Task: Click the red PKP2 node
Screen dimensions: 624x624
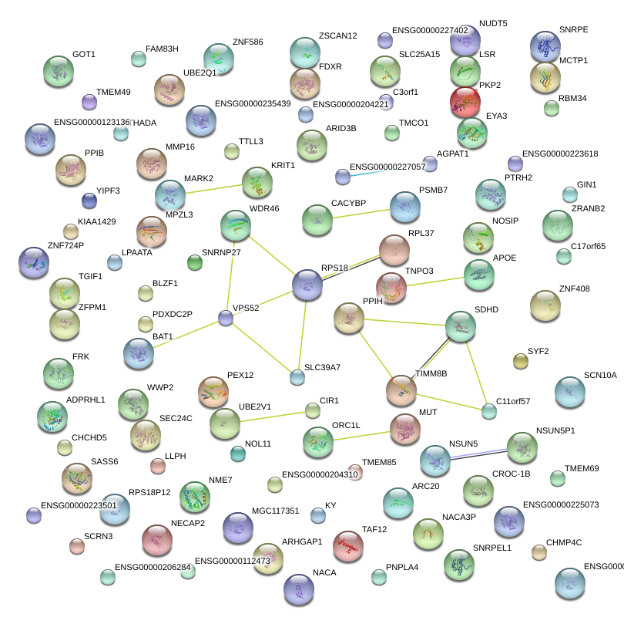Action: (x=465, y=101)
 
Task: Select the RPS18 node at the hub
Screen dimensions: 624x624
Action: (x=307, y=285)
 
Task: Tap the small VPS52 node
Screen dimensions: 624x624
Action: (x=225, y=317)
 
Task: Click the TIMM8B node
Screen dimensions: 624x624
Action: (x=401, y=390)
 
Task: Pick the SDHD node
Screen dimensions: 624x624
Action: (x=461, y=326)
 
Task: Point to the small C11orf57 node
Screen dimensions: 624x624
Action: (x=489, y=411)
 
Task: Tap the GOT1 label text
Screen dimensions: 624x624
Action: (x=83, y=55)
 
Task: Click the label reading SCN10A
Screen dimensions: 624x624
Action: (x=600, y=376)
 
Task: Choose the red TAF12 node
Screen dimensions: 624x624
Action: (x=347, y=546)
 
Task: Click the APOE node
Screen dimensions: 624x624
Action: (x=479, y=275)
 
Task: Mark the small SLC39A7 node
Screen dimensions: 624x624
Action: (x=297, y=377)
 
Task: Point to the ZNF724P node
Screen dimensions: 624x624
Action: (x=33, y=262)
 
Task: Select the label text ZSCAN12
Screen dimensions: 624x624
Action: (x=337, y=36)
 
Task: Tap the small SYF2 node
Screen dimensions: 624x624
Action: (x=520, y=361)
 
